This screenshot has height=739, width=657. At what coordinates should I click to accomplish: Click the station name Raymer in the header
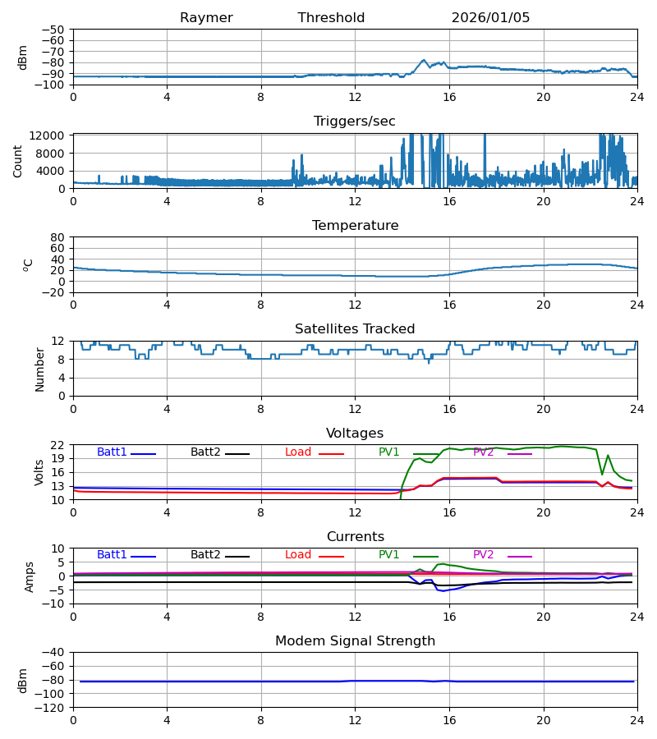pos(206,18)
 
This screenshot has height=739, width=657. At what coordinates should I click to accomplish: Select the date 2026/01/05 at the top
pos(490,18)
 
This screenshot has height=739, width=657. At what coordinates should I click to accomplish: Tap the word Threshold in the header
pos(331,18)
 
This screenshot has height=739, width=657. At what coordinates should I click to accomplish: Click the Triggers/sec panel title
pos(354,122)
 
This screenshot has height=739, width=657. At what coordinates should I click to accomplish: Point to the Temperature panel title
pos(355,226)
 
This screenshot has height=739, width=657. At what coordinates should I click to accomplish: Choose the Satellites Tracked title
pos(355,329)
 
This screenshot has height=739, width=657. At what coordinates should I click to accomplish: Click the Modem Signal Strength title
pos(355,641)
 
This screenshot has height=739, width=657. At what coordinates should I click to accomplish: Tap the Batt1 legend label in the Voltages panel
pos(112,452)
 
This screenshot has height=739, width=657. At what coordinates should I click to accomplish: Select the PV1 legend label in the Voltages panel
pos(388,452)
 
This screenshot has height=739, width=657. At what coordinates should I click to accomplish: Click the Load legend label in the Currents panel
pos(298,555)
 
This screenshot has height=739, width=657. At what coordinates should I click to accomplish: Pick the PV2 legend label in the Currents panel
pos(483,555)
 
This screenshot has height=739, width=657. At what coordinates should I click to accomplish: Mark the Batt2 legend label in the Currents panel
pos(205,555)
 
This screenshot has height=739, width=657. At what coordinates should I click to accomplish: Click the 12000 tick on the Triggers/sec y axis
pos(49,135)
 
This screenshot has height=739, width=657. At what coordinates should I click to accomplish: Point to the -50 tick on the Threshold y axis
pos(56,30)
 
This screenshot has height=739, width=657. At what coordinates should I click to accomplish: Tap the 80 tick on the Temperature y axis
pos(58,237)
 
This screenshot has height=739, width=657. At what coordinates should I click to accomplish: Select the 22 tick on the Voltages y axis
pos(58,445)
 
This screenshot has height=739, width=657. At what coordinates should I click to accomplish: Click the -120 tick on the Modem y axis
pos(53,708)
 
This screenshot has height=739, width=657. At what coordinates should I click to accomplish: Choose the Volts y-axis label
pos(39,472)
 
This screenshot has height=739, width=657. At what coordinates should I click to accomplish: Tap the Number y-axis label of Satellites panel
pos(39,369)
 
